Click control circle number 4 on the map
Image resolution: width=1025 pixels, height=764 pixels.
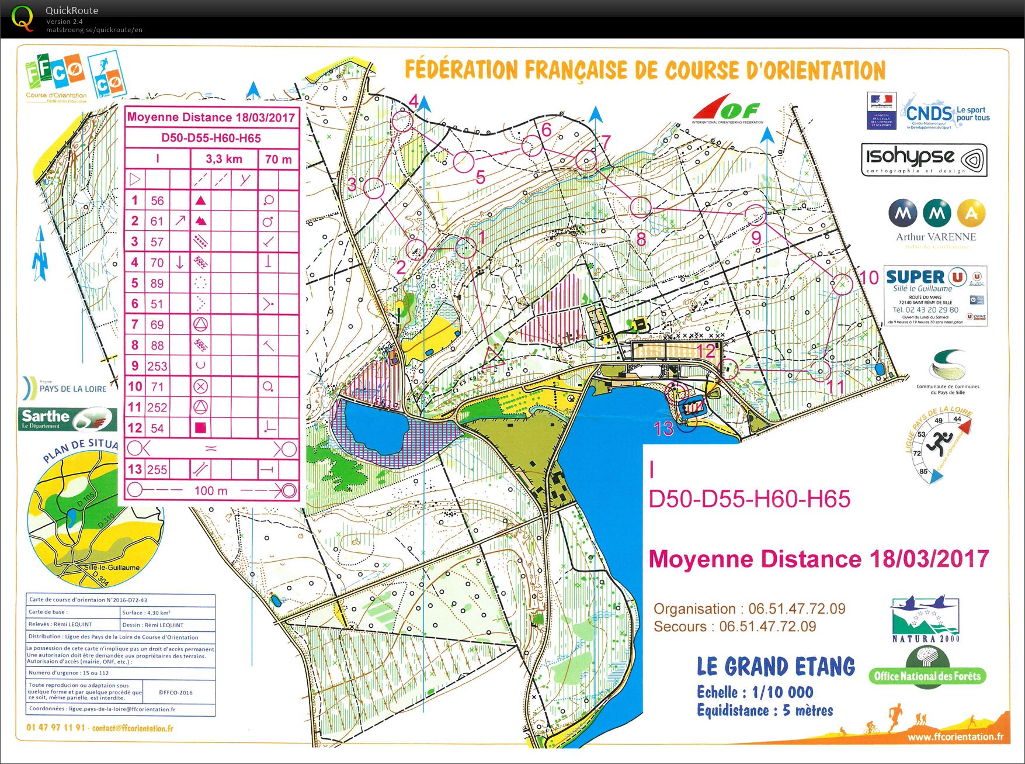(x=402, y=122)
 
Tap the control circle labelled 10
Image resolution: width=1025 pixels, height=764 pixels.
(x=842, y=284)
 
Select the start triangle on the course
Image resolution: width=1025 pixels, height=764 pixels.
(x=492, y=356)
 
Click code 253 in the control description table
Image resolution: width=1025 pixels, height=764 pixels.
(x=157, y=366)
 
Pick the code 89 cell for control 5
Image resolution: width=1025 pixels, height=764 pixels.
(x=157, y=284)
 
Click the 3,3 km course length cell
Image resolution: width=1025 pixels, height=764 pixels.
(x=224, y=159)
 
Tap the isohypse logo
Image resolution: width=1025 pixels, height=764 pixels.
(x=924, y=160)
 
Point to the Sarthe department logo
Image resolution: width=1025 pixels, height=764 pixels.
(x=68, y=419)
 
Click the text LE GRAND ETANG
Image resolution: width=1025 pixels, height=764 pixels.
(x=776, y=667)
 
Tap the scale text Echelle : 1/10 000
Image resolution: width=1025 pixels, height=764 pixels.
(x=755, y=693)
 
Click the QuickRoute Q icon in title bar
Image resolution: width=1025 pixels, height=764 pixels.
(x=23, y=18)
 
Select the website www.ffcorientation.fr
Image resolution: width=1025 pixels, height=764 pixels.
(x=955, y=737)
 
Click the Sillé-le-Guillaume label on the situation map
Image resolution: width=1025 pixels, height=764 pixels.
(x=112, y=567)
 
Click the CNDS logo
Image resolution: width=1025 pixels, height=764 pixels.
(x=946, y=112)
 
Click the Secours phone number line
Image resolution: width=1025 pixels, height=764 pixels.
(x=735, y=627)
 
